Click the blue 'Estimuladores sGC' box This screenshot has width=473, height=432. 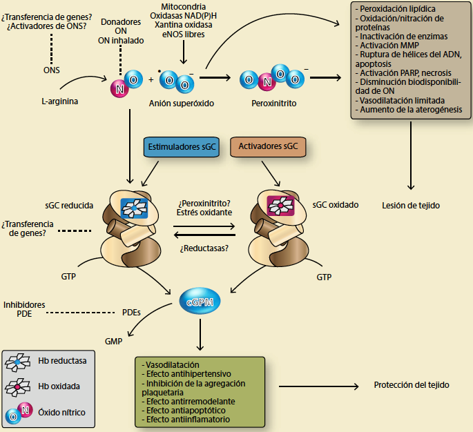coord(179,147)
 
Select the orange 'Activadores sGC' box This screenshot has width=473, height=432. coord(267,147)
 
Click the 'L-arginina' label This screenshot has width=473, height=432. coord(60,102)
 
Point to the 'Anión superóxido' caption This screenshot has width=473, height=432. coord(182,103)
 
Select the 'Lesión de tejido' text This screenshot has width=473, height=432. coord(411,205)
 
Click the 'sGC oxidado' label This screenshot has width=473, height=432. coord(334,205)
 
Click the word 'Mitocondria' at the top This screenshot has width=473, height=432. coord(183,6)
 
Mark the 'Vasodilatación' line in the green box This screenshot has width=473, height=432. coord(171,364)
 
